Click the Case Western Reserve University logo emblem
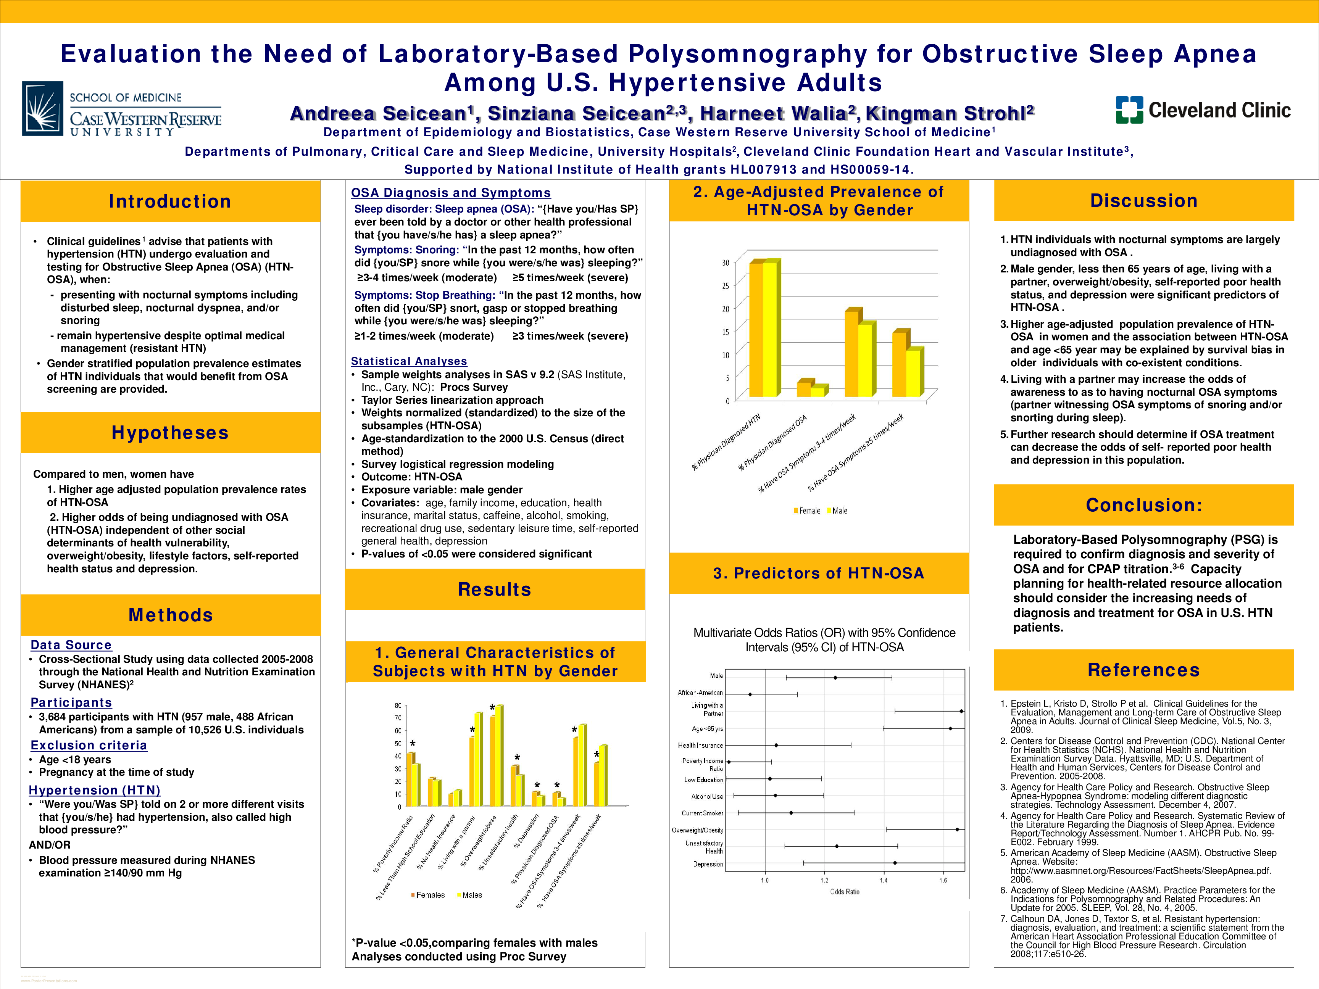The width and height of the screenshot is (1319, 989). coord(43,108)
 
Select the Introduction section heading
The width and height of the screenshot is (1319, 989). coord(170,201)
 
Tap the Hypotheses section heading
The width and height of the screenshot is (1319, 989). coord(170,433)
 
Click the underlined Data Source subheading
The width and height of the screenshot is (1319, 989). coord(71,645)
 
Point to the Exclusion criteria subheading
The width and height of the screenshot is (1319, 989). coord(89,745)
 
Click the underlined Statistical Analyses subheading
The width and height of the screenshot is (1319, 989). coord(409,361)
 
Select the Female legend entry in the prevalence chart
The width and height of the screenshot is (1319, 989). coord(807,511)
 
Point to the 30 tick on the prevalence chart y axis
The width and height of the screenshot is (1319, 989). coord(726,263)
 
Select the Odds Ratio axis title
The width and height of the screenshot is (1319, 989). coord(844,892)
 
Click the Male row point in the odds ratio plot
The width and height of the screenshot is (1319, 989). coord(835,677)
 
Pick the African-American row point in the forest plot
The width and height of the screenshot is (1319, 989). coord(750,694)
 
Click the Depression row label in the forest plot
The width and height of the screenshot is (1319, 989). coord(708,864)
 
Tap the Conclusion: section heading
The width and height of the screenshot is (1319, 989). coord(1144,505)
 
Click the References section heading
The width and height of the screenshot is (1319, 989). coord(1144,670)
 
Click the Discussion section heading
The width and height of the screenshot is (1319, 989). coord(1144,201)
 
